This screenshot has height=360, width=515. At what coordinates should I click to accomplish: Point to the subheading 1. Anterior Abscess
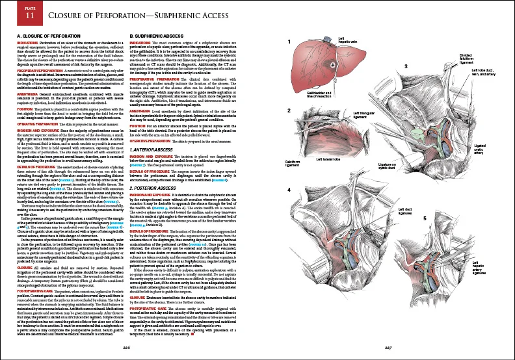click(152, 150)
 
